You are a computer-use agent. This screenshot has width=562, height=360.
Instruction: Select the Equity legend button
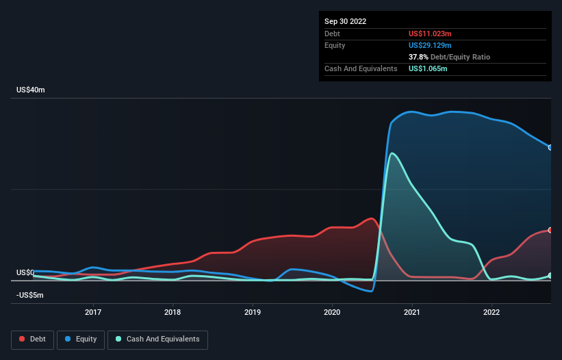[81, 339]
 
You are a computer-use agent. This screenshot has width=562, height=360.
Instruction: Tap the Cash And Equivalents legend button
[157, 339]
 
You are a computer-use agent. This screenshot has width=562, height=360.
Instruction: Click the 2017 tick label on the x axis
[93, 312]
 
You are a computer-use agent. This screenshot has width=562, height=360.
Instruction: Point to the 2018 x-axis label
[173, 312]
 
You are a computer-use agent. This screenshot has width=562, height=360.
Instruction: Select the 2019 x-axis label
[253, 312]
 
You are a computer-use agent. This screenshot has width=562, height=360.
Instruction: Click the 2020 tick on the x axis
[332, 312]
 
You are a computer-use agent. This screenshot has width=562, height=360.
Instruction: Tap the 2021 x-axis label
[412, 312]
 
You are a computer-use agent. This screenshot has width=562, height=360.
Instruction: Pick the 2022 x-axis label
[491, 312]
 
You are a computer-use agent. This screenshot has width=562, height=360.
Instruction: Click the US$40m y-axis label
[31, 90]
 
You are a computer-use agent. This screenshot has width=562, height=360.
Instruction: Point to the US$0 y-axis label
[25, 272]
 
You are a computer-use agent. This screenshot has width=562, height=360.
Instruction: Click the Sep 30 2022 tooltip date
[345, 21]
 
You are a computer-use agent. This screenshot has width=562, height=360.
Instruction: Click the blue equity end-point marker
[550, 147]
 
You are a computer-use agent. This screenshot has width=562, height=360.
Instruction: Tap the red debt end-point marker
[550, 230]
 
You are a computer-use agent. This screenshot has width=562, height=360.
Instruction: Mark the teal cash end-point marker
[550, 276]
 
